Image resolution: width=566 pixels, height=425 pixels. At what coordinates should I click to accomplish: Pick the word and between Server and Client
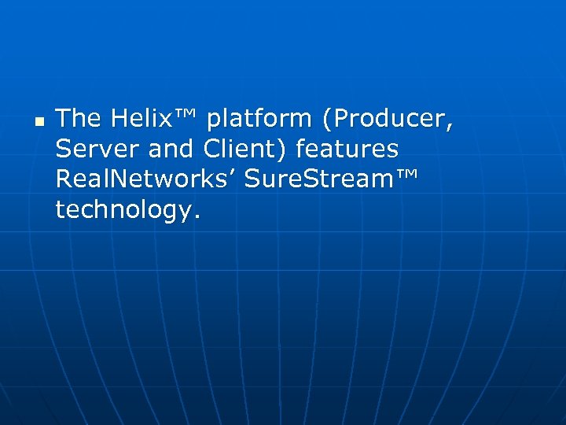point(172,149)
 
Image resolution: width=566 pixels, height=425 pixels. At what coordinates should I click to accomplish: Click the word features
point(347,149)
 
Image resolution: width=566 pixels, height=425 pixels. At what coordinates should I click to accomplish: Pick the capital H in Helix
point(119,119)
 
